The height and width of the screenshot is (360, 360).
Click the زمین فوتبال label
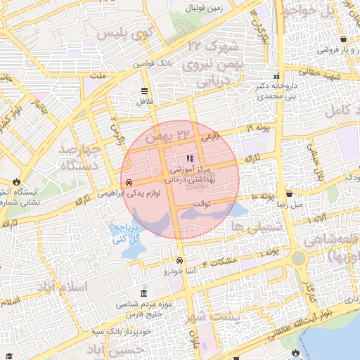click(x=204, y=8)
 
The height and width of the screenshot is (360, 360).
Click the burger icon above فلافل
click(x=145, y=91)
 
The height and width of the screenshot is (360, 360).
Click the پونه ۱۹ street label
click(x=258, y=129)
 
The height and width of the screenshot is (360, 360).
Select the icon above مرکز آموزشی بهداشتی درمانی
click(x=189, y=159)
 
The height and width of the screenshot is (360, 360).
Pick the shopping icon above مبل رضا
click(x=290, y=193)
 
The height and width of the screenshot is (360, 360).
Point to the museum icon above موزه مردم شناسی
click(x=145, y=292)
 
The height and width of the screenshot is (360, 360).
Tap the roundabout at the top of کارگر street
click(x=298, y=258)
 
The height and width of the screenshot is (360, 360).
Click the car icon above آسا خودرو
click(x=180, y=261)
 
